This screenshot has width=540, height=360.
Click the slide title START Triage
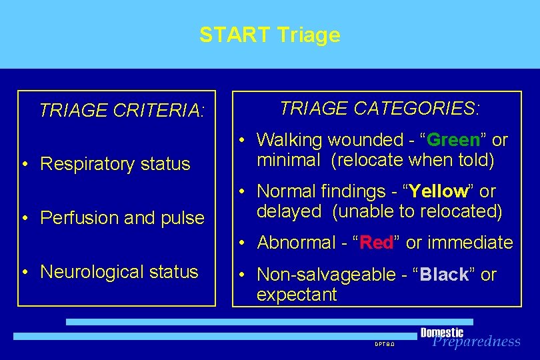pos(269,35)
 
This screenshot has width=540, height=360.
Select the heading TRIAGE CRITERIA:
pos(121,110)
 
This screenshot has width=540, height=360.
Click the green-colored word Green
pos(453,140)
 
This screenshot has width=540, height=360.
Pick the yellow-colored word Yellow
pos(439,191)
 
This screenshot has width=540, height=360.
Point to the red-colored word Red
pos(377,243)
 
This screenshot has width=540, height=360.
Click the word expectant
pos(297,295)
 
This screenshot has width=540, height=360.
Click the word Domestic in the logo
pos(442,332)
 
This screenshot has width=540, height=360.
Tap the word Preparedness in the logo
pos(476,342)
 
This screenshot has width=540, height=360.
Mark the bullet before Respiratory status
pos(24,165)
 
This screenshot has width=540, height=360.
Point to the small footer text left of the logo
pos(385,344)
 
